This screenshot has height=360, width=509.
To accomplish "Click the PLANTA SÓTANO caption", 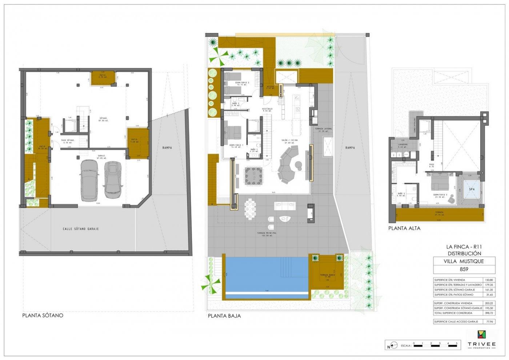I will point(43,315).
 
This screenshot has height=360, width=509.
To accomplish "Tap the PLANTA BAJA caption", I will point(224,316).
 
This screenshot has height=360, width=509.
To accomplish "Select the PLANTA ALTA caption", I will point(404,228).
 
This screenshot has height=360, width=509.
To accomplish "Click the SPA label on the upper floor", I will point(472,189).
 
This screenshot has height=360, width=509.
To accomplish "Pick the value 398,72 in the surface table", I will point(489,313).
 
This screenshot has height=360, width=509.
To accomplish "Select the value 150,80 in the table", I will point(489,280).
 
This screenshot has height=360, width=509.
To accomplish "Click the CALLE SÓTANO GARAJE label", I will point(80,229).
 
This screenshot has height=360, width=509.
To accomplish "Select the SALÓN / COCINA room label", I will point(289,140).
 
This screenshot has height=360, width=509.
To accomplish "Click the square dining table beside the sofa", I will point(251,176).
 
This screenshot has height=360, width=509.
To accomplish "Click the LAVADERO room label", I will point(402,144).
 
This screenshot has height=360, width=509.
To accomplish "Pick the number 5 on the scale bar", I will point(456,343).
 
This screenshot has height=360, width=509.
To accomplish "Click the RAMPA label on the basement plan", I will point(167,148).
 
